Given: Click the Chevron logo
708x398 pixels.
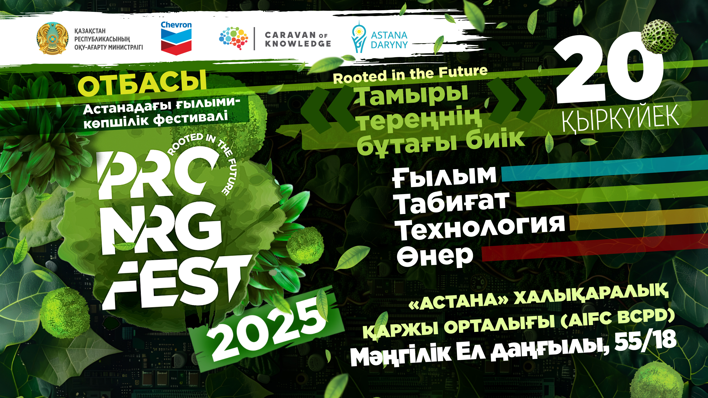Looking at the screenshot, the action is point(176,38).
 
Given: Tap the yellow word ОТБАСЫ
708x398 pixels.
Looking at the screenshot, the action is point(142,83).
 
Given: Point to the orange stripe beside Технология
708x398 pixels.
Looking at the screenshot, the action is point(639,220).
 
